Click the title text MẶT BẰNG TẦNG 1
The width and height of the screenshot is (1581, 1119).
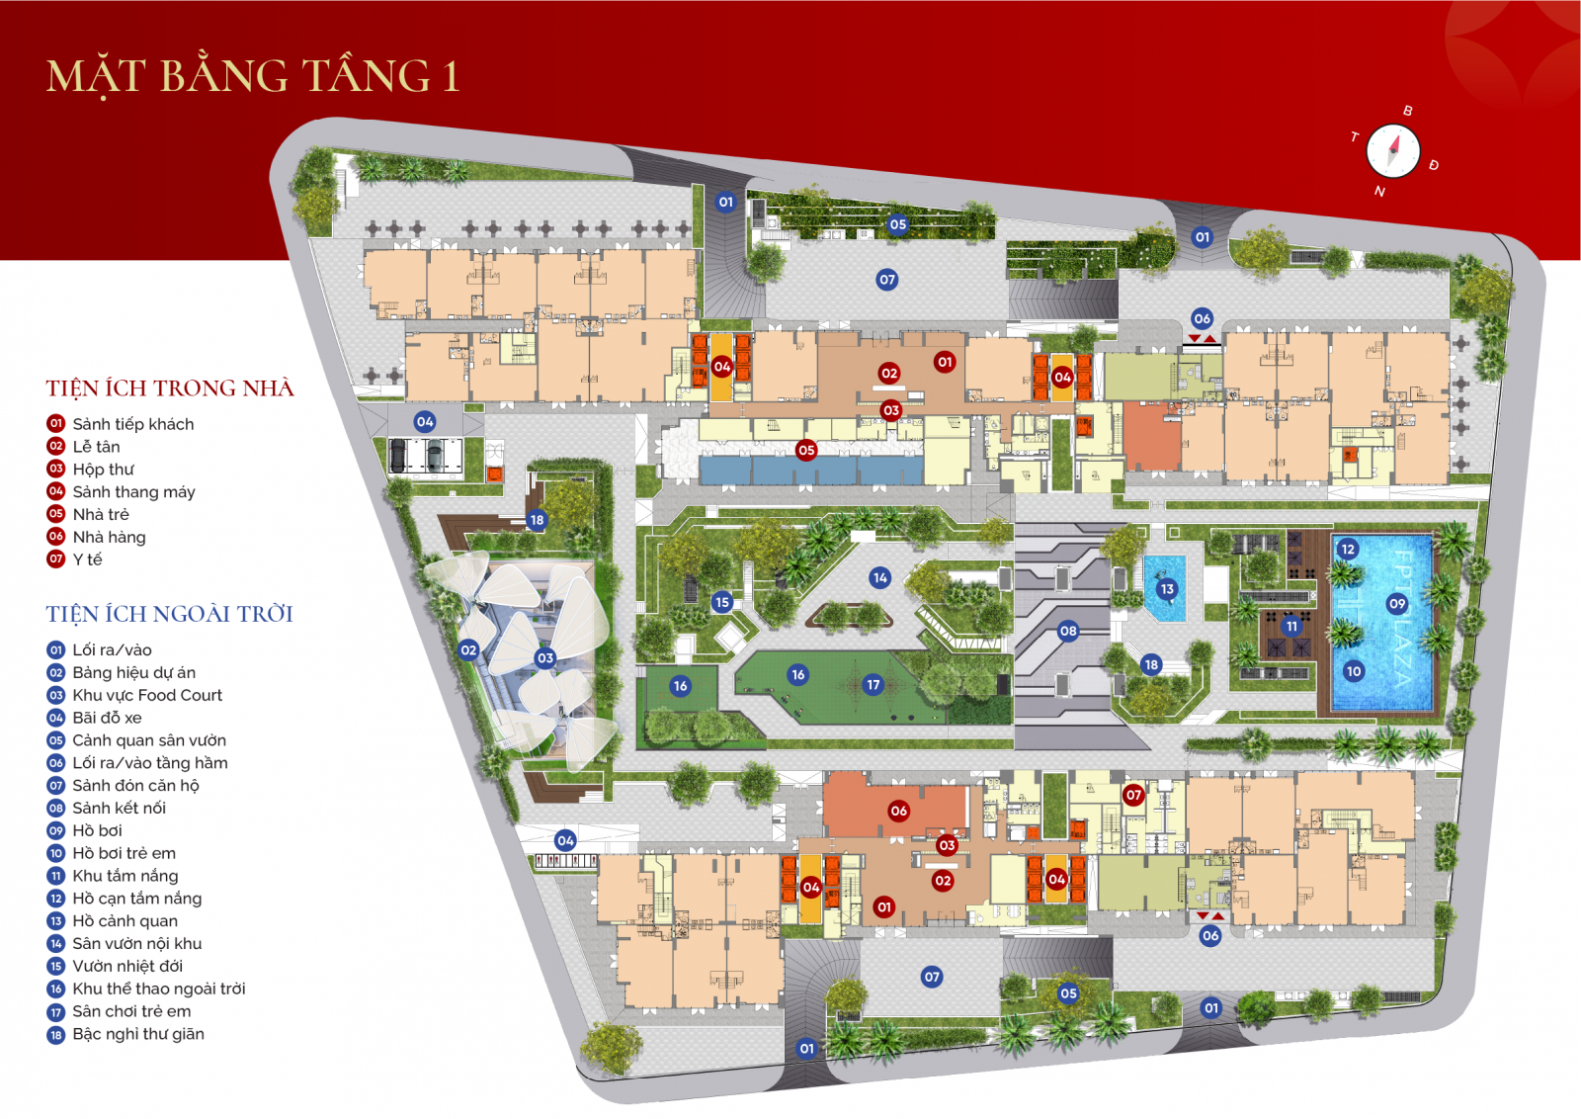(253, 77)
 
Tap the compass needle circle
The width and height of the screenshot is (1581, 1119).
(1393, 151)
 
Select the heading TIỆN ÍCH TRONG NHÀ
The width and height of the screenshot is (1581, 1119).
(170, 388)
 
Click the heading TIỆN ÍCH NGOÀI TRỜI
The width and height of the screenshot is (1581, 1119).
(169, 615)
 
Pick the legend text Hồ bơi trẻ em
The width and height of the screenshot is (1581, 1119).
(124, 853)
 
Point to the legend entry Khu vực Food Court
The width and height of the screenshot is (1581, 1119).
(147, 695)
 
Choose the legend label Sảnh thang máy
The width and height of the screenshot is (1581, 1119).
(133, 491)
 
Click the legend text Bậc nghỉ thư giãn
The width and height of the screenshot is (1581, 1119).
(138, 1034)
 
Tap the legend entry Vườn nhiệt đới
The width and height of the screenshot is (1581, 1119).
(127, 966)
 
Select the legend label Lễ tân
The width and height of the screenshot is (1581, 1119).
(96, 447)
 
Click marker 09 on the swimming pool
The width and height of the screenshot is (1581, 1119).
(1397, 604)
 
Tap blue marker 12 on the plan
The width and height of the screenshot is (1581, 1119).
(1348, 550)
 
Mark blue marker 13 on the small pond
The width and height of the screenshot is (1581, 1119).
(1167, 589)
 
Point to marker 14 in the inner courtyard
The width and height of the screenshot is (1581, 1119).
(880, 578)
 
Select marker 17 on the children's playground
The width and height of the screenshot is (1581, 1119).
(874, 684)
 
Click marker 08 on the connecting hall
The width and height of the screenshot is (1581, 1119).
(1068, 631)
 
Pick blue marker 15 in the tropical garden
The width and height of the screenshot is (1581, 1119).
(722, 602)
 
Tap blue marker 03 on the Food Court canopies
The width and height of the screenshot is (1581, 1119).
(545, 658)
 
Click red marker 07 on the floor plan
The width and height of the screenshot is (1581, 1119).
(1133, 795)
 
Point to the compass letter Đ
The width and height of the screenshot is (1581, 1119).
(1434, 165)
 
